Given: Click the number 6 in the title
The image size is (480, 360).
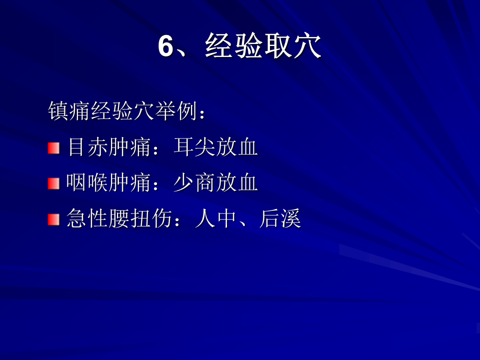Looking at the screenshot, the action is pyautogui.click(x=166, y=46).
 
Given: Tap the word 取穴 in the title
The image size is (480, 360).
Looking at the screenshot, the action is pyautogui.click(x=292, y=46).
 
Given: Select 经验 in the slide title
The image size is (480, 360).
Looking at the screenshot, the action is pyautogui.click(x=233, y=46).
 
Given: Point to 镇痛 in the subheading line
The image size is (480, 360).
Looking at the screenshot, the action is pyautogui.click(x=69, y=111).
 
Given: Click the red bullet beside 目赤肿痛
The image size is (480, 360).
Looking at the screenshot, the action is pyautogui.click(x=53, y=148).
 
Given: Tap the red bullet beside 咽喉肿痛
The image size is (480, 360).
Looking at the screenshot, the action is pyautogui.click(x=53, y=183).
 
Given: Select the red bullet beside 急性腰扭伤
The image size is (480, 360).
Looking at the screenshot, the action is pyautogui.click(x=53, y=219).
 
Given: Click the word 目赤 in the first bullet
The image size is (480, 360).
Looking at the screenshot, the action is pyautogui.click(x=87, y=147).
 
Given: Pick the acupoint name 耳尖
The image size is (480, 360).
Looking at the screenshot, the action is pyautogui.click(x=194, y=147).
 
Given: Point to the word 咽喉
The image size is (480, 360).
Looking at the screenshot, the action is pyautogui.click(x=87, y=182).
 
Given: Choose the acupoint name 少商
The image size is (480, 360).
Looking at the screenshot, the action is pyautogui.click(x=194, y=182).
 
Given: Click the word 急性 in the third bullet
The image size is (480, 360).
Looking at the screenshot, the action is pyautogui.click(x=87, y=218).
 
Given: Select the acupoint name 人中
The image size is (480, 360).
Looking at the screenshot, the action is pyautogui.click(x=215, y=218).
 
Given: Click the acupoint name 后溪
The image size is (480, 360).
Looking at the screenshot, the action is pyautogui.click(x=280, y=218).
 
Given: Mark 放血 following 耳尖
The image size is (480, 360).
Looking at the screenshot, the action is pyautogui.click(x=236, y=147).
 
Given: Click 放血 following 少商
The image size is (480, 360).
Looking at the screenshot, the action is pyautogui.click(x=236, y=182).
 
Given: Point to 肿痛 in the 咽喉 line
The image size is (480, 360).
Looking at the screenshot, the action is pyautogui.click(x=130, y=182).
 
